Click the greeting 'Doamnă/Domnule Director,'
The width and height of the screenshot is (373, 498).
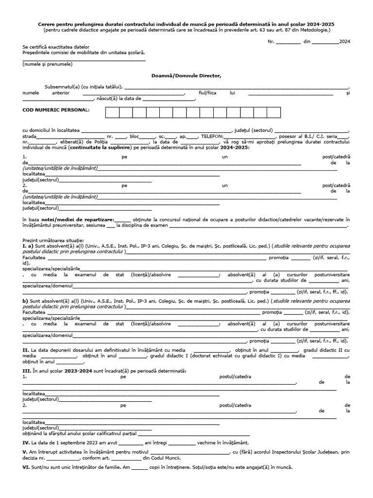186,75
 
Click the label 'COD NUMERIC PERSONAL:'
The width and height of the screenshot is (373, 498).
56,110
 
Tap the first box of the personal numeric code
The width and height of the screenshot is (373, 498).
112,113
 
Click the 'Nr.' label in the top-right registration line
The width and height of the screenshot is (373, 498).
271,42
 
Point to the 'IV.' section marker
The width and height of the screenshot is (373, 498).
26,443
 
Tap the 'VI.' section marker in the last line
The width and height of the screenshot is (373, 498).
26,467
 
